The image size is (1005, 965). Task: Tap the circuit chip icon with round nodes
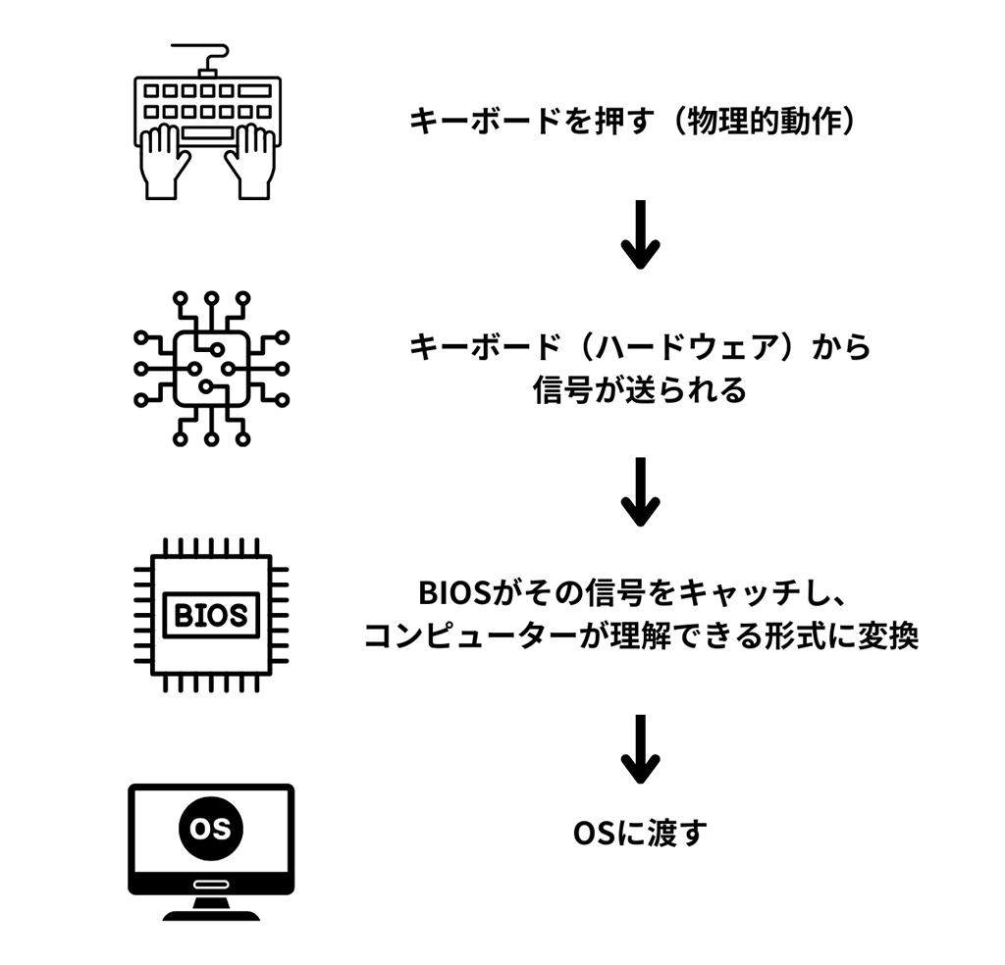coord(211,368)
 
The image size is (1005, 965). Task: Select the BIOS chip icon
coord(211,615)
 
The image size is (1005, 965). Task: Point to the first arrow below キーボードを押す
coord(640,234)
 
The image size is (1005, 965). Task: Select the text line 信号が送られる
coord(640,390)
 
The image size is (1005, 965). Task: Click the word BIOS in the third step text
coord(445,594)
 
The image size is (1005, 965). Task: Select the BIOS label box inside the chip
coord(211,615)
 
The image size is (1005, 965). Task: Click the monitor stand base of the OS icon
coord(211,913)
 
